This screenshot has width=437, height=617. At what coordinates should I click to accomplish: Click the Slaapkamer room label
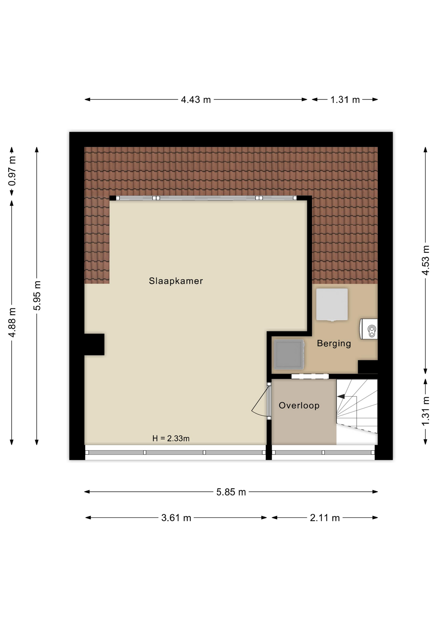pyautogui.click(x=176, y=281)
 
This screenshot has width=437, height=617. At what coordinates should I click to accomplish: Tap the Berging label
pyautogui.click(x=334, y=344)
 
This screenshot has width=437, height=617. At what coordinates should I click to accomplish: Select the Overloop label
pyautogui.click(x=299, y=406)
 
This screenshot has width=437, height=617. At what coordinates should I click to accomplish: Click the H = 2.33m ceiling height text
pyautogui.click(x=171, y=438)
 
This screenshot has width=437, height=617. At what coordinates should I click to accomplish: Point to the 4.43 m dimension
pyautogui.click(x=196, y=100)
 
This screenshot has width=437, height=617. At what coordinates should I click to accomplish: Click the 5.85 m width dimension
pyautogui.click(x=231, y=492)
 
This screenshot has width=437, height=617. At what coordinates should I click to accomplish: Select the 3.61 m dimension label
pyautogui.click(x=176, y=518)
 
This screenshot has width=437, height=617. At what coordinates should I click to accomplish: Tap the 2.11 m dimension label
pyautogui.click(x=325, y=518)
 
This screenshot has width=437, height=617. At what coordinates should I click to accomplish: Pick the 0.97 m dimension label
pyautogui.click(x=12, y=171)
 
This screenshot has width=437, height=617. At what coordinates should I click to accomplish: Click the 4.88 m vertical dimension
pyautogui.click(x=12, y=323)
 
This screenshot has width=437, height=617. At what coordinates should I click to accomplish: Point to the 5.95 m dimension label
pyautogui.click(x=37, y=296)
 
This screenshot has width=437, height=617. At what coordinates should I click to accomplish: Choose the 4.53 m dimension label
pyautogui.click(x=425, y=260)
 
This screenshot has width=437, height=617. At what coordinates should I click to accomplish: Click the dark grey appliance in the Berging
pyautogui.click(x=289, y=354)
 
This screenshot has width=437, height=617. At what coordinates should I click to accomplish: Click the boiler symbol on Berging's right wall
pyautogui.click(x=369, y=329)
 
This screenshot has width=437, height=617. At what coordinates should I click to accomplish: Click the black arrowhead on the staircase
pyautogui.click(x=341, y=397)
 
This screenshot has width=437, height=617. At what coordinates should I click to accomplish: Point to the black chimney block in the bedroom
pyautogui.click(x=94, y=344)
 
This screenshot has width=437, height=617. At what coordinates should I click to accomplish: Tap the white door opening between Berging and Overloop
pyautogui.click(x=310, y=376)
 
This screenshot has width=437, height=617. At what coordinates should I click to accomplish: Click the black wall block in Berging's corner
pyautogui.click(x=368, y=367)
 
